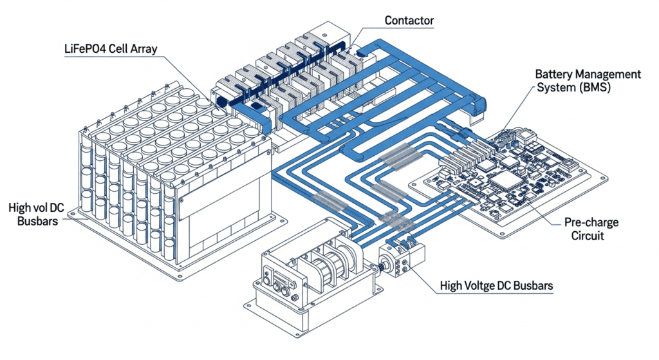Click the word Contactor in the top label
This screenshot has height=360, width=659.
(x=409, y=21)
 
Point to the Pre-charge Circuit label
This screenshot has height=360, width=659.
(x=591, y=229)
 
